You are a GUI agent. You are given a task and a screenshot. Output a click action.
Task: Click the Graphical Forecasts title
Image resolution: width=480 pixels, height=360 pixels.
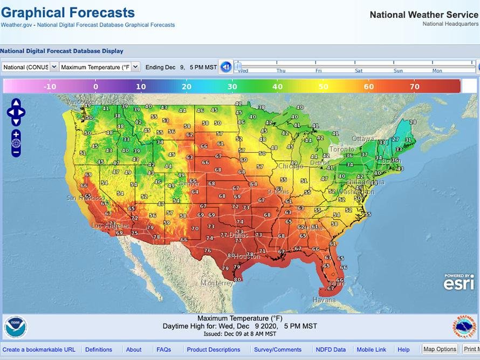68,12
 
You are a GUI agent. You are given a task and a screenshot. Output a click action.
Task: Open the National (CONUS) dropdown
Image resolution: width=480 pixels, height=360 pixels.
30,67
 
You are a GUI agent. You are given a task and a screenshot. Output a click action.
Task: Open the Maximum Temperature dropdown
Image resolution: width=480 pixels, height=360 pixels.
99,67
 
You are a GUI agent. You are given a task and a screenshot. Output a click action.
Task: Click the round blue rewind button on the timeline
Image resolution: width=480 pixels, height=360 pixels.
226,67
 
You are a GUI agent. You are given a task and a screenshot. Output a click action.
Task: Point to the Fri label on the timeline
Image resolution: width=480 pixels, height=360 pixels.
319,71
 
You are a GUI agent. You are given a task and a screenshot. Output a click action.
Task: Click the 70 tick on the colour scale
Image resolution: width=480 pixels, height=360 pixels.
415,86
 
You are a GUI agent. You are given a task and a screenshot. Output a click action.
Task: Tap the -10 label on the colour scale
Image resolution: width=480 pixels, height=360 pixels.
50,86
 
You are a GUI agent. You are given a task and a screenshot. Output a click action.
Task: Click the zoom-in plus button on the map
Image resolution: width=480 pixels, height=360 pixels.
16,134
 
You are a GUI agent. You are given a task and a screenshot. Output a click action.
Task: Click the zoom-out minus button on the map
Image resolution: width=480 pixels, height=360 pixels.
16,152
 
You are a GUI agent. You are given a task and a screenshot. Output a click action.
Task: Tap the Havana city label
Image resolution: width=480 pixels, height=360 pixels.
324,300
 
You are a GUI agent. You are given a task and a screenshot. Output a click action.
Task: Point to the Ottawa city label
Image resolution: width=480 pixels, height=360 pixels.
363,139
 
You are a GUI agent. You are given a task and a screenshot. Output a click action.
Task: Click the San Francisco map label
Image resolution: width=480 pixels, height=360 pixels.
83,198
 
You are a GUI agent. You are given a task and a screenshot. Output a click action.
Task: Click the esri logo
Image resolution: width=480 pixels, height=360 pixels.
458,282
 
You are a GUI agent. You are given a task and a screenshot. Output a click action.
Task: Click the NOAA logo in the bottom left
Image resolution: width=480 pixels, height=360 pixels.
16,327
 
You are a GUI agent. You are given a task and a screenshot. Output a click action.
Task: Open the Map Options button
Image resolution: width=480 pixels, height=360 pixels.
440,349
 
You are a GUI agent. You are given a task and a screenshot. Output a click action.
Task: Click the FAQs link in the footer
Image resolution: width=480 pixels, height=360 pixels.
163,350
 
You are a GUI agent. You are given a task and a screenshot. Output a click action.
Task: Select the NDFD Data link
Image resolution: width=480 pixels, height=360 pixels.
331,350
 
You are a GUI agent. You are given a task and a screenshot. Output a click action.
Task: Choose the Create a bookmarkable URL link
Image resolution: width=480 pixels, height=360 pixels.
39,350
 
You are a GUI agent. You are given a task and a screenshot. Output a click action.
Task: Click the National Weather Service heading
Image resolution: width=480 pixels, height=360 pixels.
423,15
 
